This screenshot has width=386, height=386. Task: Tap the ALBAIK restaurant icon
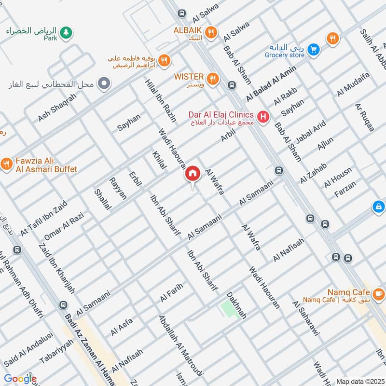[210, 32]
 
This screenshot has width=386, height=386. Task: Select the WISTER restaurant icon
[211, 78]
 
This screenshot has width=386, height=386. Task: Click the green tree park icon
[67, 32]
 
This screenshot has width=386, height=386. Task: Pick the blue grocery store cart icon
[314, 49]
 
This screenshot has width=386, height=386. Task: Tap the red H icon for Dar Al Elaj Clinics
[263, 116]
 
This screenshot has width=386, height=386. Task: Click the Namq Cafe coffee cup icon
[379, 293]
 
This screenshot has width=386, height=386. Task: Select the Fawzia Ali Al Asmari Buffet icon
[6, 164]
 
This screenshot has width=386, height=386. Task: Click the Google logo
[20, 379]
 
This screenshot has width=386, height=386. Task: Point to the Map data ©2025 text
[359, 381]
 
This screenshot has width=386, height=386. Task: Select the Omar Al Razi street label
[63, 226]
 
